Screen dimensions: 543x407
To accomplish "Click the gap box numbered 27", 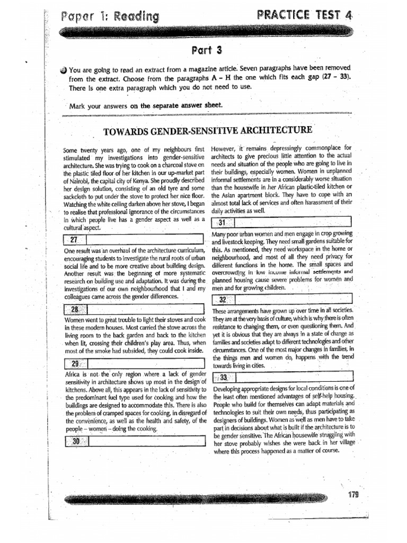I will point(133,240).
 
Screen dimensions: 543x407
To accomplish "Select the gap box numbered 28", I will point(133,310).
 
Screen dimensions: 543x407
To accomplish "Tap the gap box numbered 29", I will point(133,363).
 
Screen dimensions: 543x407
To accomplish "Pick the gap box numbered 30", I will point(133,441).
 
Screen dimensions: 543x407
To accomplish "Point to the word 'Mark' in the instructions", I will point(78,106).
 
